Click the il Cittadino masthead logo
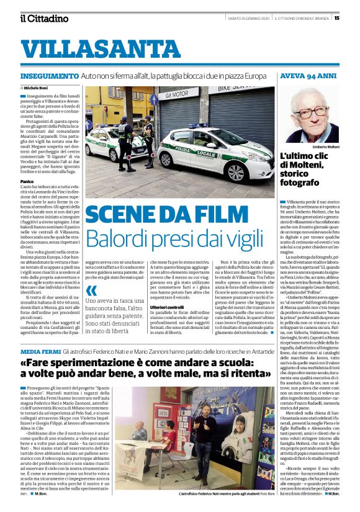pos(43,18)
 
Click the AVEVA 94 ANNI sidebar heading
pos(308,76)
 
